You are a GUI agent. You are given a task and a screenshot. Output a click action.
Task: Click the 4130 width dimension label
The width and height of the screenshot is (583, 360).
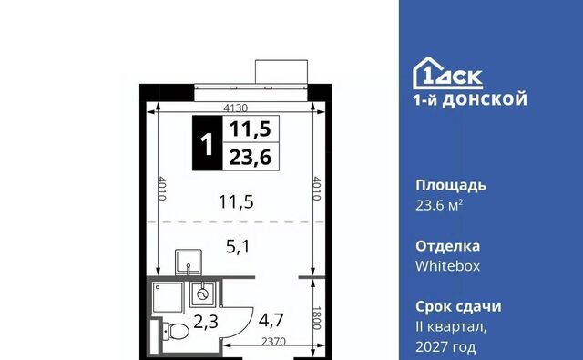235,108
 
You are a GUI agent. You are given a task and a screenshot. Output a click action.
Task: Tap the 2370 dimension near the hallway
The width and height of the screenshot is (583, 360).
273,341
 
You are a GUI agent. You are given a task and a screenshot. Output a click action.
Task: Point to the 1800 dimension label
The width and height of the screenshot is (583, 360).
316,318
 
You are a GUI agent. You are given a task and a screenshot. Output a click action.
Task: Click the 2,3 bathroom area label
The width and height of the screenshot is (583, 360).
206,322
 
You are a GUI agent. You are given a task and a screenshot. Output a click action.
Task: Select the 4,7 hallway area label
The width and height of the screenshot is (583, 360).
271,320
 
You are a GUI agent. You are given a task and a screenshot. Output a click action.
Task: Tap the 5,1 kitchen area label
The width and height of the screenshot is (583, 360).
238,247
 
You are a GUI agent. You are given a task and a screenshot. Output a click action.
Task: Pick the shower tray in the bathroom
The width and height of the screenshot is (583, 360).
168,297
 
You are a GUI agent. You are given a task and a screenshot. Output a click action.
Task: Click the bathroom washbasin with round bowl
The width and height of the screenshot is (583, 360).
202,294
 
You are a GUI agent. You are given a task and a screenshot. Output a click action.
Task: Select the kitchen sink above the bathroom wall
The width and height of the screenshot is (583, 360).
189,262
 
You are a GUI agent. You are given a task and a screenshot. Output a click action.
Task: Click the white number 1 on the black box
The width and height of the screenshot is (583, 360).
207,144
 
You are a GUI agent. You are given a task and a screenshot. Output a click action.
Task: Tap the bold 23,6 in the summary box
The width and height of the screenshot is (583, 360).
250,158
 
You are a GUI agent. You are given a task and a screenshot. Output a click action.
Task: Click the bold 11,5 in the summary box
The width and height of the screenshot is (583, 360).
250,129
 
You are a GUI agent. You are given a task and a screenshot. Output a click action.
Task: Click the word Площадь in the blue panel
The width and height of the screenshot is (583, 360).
451,185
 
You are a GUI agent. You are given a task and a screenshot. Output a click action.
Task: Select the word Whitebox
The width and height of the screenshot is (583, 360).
447,266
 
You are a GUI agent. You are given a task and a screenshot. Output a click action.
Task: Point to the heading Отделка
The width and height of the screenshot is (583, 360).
447,246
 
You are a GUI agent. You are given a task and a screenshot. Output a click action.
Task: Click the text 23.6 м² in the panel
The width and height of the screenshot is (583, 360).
439,205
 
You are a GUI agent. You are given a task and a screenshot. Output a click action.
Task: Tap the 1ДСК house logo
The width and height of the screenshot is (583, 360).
447,73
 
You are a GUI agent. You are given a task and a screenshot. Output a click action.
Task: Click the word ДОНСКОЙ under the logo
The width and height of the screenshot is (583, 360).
485,99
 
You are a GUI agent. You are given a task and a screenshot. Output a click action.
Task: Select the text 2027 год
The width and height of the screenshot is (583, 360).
445,347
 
